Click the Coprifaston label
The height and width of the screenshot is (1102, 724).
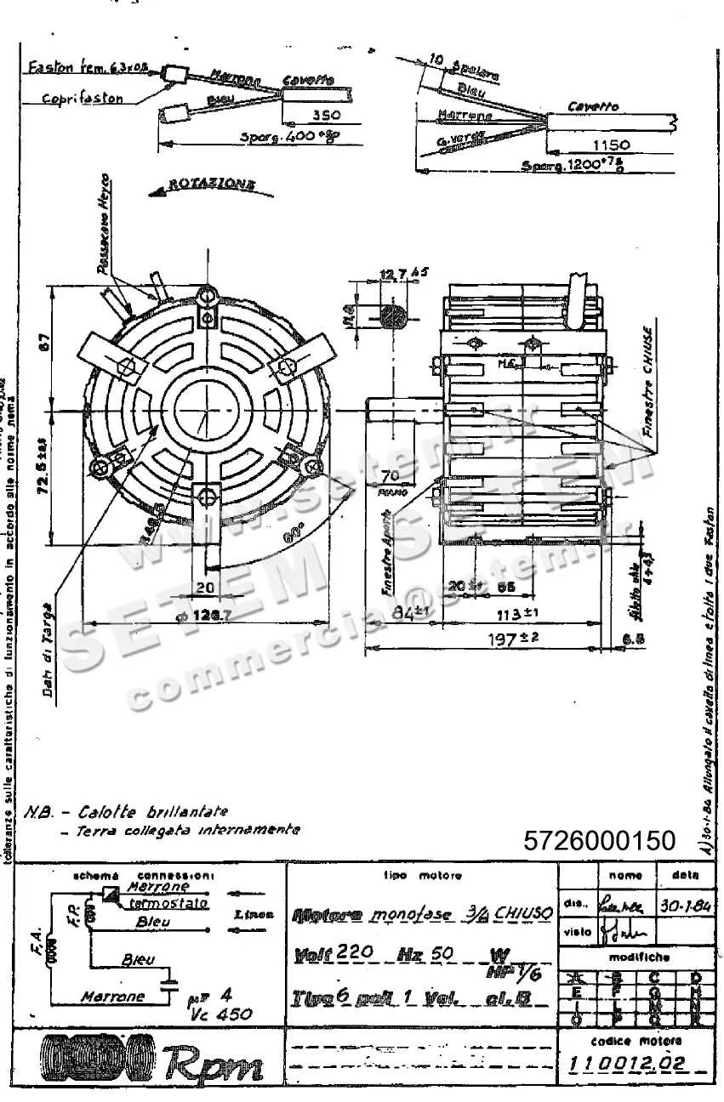tap(84, 98)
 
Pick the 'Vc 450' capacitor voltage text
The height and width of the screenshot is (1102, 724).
tap(225, 1013)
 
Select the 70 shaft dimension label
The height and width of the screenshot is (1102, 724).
tap(391, 475)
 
